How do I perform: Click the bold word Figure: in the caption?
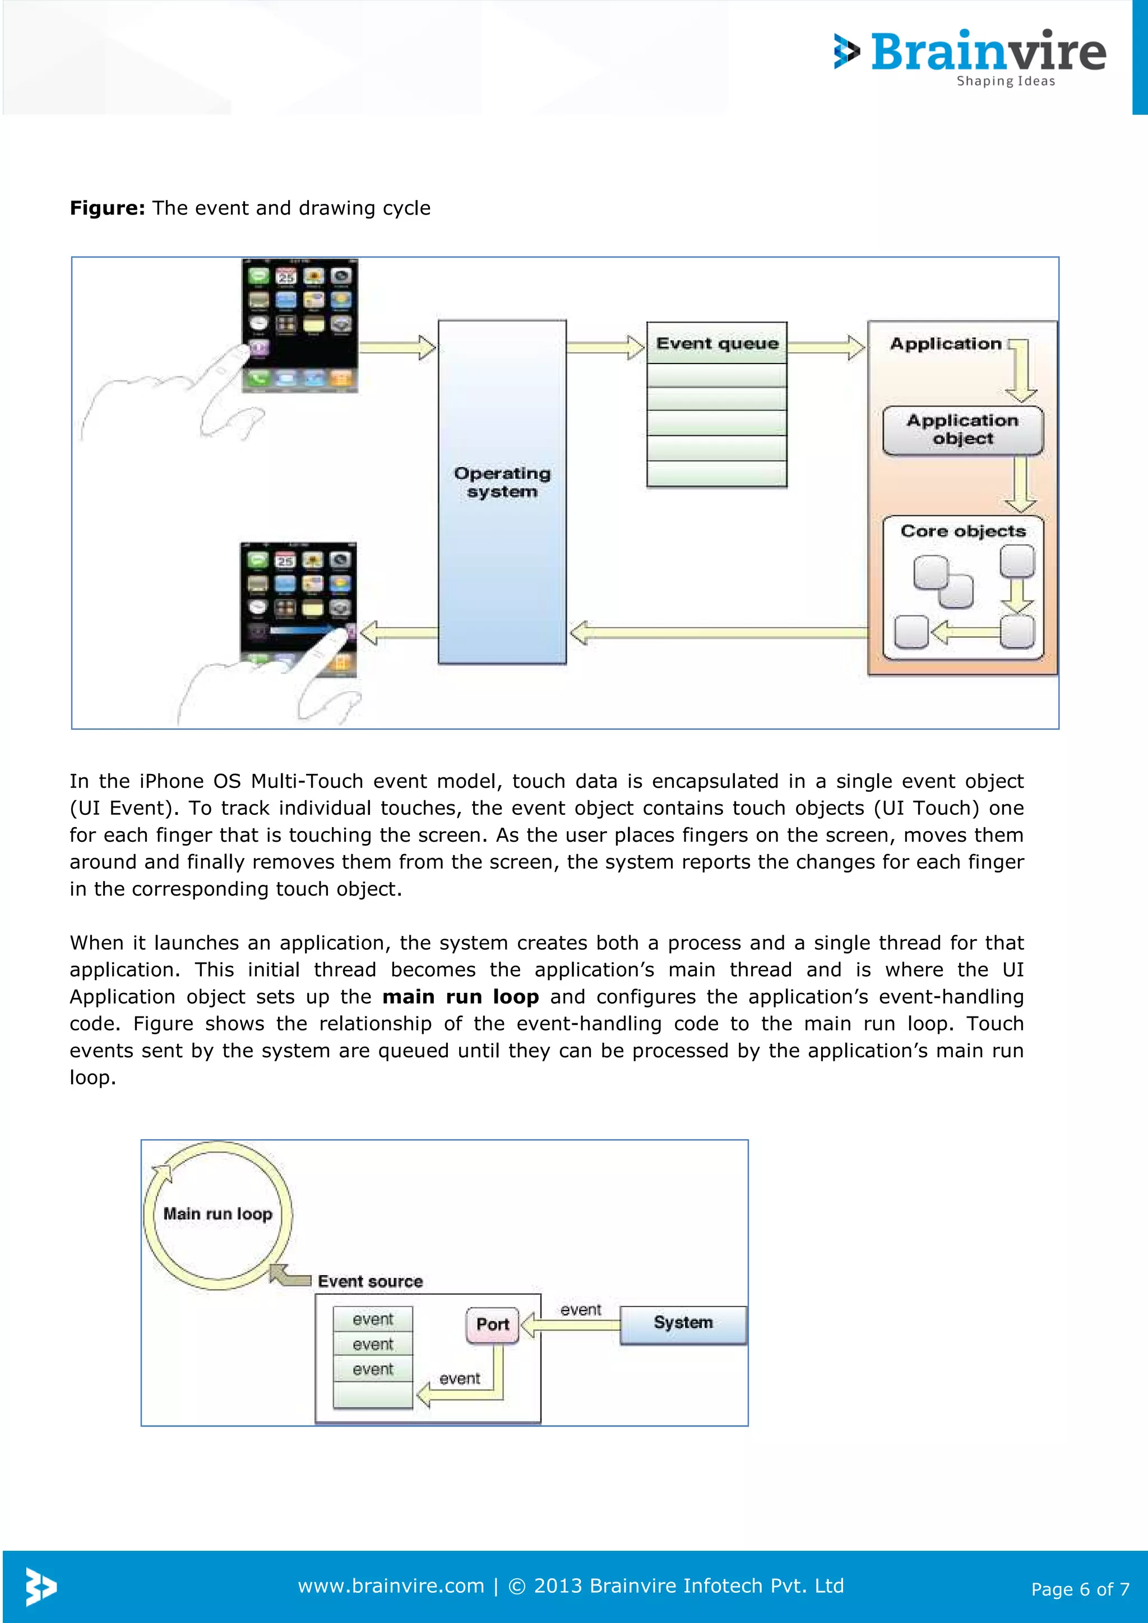(107, 208)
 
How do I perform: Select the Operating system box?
(502, 492)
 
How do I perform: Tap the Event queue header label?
(716, 343)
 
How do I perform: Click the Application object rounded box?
(962, 430)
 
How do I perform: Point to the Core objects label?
(962, 531)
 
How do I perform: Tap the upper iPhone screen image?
(300, 325)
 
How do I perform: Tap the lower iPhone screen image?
(299, 608)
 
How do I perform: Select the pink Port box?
(492, 1324)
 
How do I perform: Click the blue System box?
(683, 1323)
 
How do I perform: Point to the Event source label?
(370, 1281)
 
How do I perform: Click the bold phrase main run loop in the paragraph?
(460, 997)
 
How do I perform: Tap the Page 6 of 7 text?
(1080, 1590)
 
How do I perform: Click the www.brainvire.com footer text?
(391, 1586)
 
